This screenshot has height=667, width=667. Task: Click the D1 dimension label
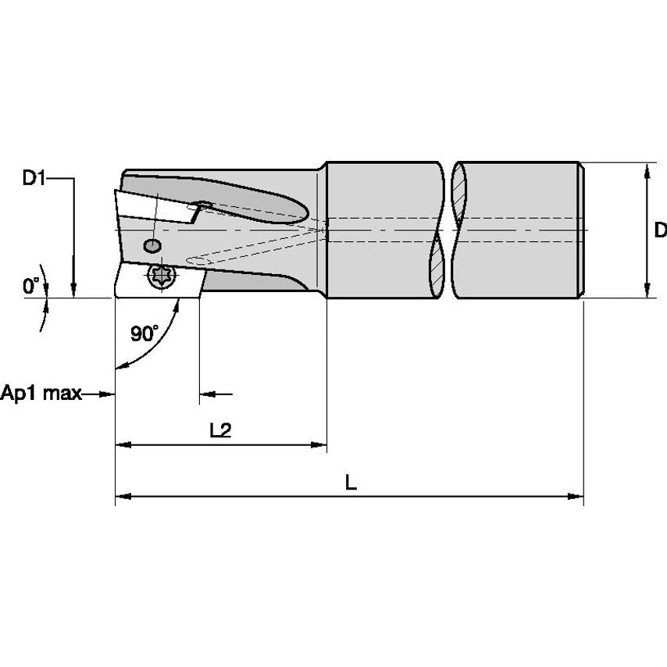(x=34, y=179)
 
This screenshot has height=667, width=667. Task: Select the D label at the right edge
(x=660, y=230)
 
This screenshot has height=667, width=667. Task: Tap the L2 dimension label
(x=221, y=431)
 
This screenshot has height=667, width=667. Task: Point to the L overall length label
(x=351, y=483)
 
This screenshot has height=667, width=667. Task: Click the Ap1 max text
(x=41, y=394)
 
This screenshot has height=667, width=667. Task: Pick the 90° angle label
(x=144, y=334)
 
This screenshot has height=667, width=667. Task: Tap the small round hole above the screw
(x=152, y=246)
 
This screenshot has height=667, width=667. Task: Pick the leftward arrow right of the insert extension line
(x=206, y=394)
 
